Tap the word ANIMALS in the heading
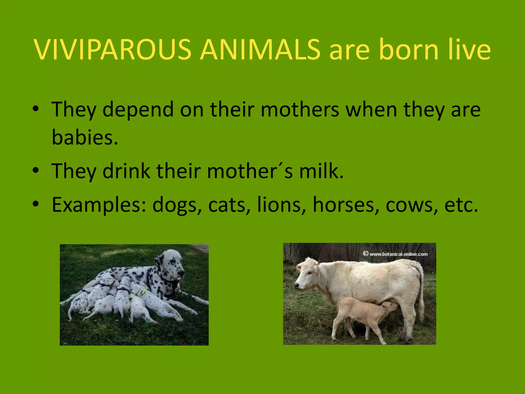260,50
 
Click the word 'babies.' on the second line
85,137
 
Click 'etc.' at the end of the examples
461,205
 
